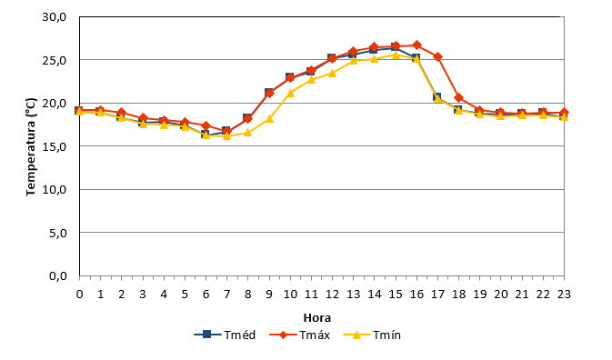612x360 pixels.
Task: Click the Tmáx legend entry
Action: point(300,335)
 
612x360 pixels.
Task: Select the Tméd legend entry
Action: point(225,335)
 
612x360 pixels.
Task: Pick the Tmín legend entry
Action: point(372,335)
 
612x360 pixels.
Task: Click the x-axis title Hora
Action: point(317,318)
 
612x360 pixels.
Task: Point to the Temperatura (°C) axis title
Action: point(31,146)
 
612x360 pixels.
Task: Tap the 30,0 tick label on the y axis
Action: point(55,17)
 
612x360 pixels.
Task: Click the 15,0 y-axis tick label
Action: point(55,146)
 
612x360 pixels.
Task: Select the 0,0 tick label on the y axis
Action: point(58,276)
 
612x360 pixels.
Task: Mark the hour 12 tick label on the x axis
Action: point(332,294)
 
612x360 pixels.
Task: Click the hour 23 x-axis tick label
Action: point(564,294)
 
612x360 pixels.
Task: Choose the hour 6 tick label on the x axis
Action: point(206,294)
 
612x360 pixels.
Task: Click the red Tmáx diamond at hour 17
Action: point(437,57)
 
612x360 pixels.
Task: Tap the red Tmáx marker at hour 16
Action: point(416,45)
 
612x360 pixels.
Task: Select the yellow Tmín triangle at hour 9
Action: point(269,118)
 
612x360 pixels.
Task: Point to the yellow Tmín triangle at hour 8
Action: point(248,133)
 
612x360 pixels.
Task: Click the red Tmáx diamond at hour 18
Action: point(458,97)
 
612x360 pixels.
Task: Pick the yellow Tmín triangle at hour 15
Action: point(396,55)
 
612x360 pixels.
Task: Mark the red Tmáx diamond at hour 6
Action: point(206,125)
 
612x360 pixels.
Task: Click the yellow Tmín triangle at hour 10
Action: point(290,93)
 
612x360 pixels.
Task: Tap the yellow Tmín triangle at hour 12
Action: point(332,73)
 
